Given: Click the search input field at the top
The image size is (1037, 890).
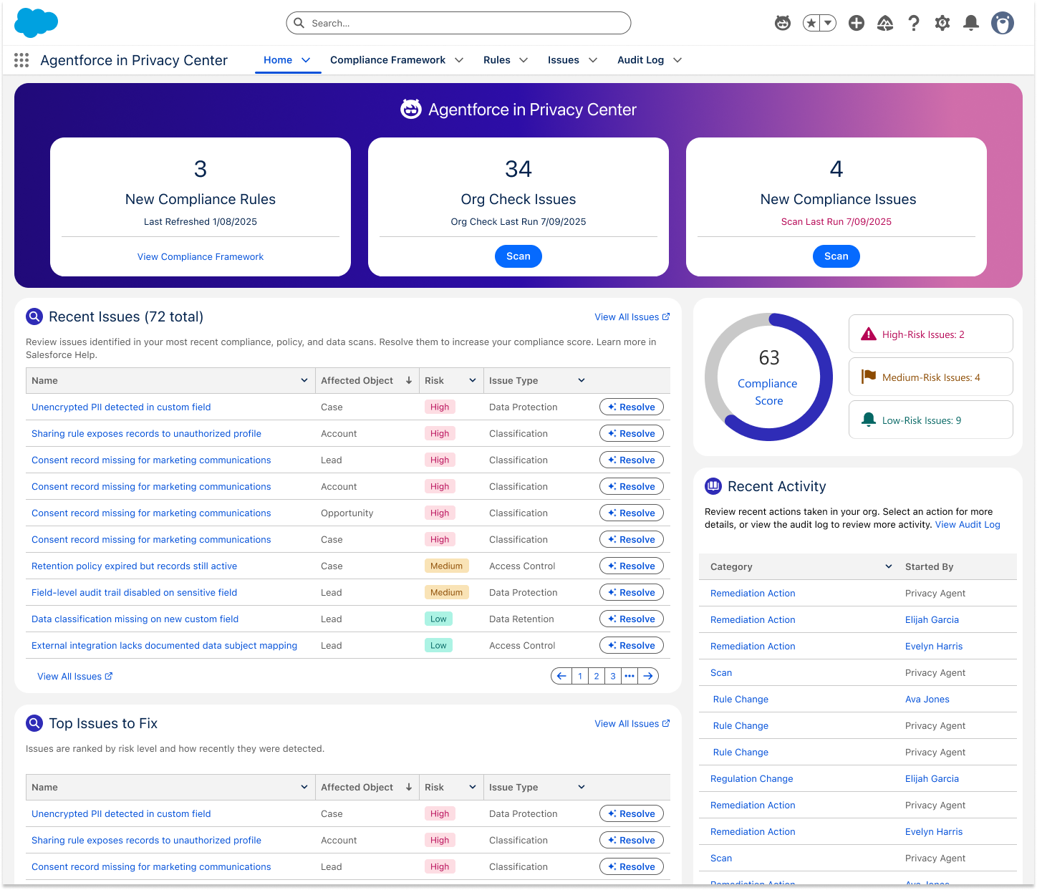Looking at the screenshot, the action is (458, 23).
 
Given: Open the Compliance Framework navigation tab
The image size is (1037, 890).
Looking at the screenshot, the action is (387, 60).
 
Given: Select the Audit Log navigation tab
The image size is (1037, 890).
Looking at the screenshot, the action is (640, 60).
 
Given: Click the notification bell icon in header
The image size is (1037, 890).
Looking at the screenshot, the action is (971, 23).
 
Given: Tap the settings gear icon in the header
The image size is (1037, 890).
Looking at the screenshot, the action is (942, 23).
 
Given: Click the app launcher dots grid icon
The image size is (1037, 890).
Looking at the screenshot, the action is (21, 60).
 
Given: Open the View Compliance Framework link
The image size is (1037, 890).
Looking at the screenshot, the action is (201, 257).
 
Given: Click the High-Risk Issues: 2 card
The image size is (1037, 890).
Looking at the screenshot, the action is (930, 334).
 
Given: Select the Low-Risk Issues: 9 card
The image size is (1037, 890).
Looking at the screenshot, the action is (930, 420).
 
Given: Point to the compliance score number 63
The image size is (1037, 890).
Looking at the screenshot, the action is (768, 358).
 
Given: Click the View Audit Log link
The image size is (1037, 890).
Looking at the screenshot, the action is (968, 525).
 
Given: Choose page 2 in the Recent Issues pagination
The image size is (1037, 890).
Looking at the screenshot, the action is (596, 677).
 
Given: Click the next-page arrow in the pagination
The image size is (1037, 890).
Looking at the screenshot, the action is (647, 677).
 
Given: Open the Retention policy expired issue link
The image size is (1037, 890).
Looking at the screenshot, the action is (134, 566).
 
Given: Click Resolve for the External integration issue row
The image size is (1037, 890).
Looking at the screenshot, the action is (631, 646).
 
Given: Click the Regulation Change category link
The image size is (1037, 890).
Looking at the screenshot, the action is (751, 778).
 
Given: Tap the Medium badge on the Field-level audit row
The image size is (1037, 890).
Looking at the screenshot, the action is (446, 592).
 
